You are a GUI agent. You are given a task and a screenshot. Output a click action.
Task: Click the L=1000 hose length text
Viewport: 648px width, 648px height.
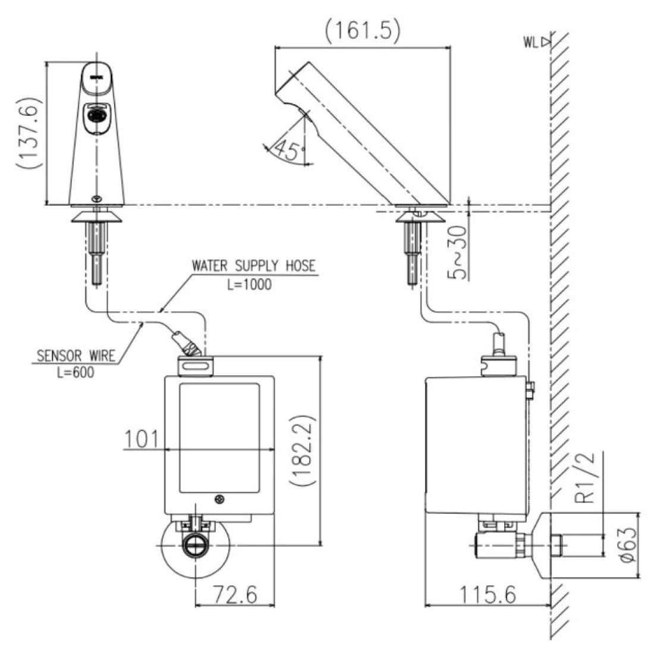tap(249, 284)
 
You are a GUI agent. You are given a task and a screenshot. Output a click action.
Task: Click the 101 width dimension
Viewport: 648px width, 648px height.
tap(141, 439)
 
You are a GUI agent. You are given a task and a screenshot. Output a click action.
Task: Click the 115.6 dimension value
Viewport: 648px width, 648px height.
tap(487, 593)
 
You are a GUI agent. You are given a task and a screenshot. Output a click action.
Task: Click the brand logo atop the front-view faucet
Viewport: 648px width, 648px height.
tap(96, 76)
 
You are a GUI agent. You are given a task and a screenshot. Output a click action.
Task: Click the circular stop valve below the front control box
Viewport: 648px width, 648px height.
tap(194, 546)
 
